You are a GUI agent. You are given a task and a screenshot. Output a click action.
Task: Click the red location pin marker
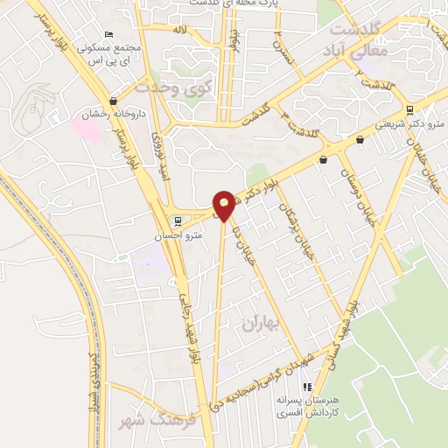tap(223, 205)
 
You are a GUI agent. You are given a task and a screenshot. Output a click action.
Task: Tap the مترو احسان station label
tap(184, 234)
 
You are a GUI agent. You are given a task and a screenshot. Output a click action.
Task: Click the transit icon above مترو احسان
tap(178, 220)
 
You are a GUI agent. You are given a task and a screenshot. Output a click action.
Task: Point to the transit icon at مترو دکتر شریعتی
tap(409, 110)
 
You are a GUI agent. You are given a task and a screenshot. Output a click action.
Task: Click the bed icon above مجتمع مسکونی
tap(108, 32)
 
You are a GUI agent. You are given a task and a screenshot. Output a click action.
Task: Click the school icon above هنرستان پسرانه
tap(306, 386)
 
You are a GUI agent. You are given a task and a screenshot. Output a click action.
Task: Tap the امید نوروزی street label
tap(157, 151)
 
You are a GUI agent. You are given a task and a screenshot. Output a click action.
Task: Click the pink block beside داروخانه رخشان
tap(86, 129)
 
